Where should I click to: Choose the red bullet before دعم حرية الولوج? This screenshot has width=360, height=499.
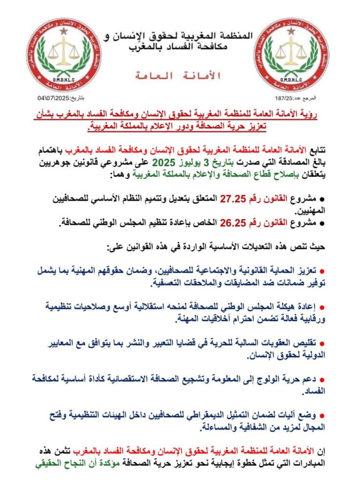pos(328,379)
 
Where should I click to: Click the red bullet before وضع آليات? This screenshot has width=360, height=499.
pos(328,415)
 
